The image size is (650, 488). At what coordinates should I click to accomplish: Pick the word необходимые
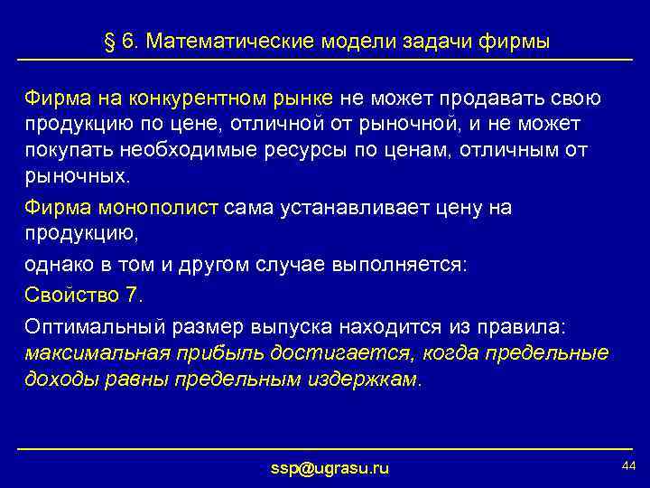point(189,147)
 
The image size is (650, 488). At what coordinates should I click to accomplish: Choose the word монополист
point(165,208)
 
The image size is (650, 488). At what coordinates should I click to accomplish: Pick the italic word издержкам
point(365,380)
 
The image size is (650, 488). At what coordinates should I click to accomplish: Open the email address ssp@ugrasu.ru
point(330,468)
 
